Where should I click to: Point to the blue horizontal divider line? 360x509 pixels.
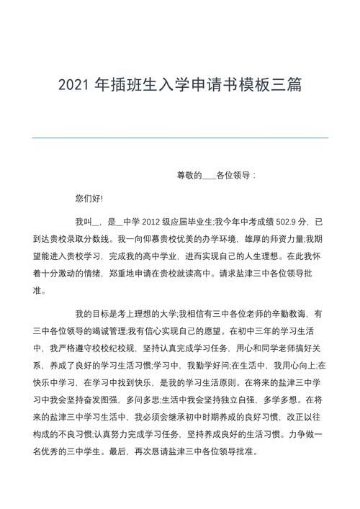click(x=180, y=138)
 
